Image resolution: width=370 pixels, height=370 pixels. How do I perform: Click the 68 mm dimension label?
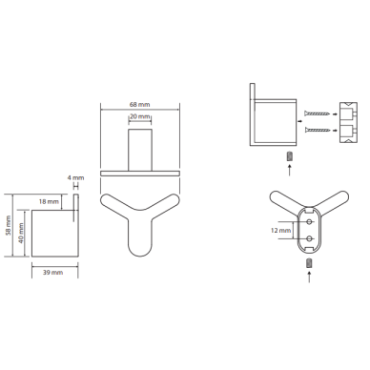pos(139,104)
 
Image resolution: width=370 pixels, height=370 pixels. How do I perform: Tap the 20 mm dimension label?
pos(139,116)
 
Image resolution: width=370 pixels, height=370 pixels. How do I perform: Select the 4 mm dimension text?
pos(75,177)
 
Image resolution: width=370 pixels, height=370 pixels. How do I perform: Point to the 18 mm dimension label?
pos(49,201)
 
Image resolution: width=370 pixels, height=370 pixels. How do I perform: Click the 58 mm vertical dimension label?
pos(9,225)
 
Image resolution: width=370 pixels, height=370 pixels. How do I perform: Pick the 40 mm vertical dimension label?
pos(21,233)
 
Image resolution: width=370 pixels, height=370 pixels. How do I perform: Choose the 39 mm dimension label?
pos(52,273)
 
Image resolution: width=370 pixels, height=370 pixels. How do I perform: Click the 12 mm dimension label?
pos(281,230)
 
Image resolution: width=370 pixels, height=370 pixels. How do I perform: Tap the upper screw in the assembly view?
pos(317,113)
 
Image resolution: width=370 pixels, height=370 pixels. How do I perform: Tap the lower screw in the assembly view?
pos(317,130)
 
